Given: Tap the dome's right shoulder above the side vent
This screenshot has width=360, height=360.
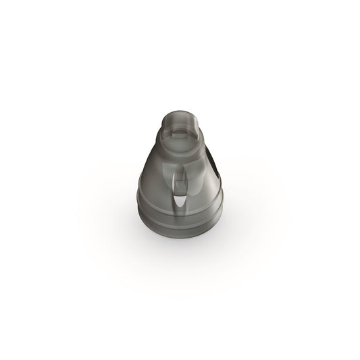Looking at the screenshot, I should point(207,153).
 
